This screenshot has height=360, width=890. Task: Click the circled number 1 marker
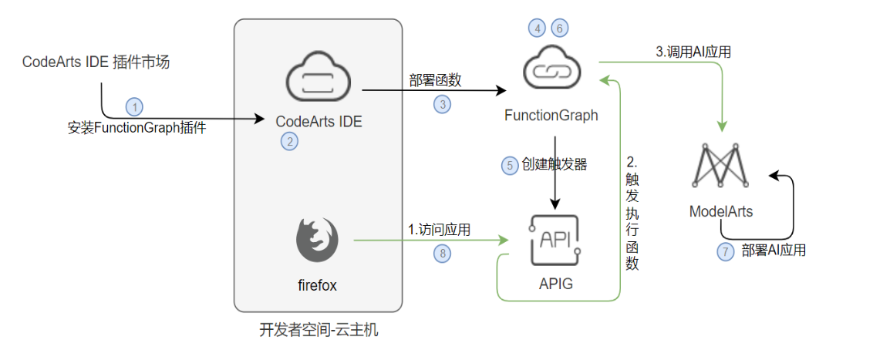coord(135,106)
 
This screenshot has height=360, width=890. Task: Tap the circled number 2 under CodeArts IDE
coord(289,141)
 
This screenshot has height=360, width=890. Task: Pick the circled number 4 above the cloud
coord(537,28)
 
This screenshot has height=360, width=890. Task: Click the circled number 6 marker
coord(560,28)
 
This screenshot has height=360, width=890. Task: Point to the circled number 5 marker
coord(509,165)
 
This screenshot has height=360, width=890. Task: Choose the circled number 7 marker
coord(725,251)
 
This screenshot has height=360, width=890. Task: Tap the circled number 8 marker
coord(441,251)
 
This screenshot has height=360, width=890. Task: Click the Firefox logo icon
coord(318,239)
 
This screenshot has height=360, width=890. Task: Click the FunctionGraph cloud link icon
coord(551,69)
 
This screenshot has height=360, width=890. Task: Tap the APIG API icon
coord(555,240)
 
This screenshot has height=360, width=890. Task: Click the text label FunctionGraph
coord(551,116)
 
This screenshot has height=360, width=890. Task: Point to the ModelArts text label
coord(720,210)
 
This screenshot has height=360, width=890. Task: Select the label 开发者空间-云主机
coord(319,331)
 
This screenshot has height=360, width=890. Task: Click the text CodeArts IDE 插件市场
coord(96,62)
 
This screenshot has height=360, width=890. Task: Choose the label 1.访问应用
coord(439,229)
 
